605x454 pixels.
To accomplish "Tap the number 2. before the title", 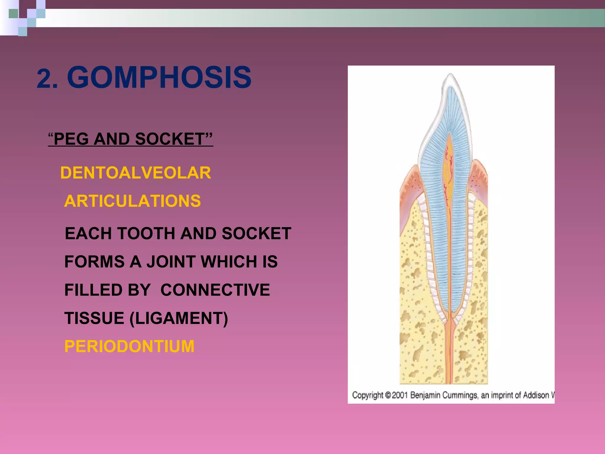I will pos(47,79).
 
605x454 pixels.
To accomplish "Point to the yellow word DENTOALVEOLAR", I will pos(136,173).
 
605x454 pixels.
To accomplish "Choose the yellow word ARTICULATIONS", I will pos(132,201).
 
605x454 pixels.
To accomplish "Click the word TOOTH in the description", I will pos(146,234).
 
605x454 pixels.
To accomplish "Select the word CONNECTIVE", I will pos(215,290).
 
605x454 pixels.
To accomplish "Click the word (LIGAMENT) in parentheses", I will pos(179,318).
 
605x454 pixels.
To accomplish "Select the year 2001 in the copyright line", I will pos(400,395).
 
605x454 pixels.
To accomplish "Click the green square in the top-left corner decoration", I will pos(13,14).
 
